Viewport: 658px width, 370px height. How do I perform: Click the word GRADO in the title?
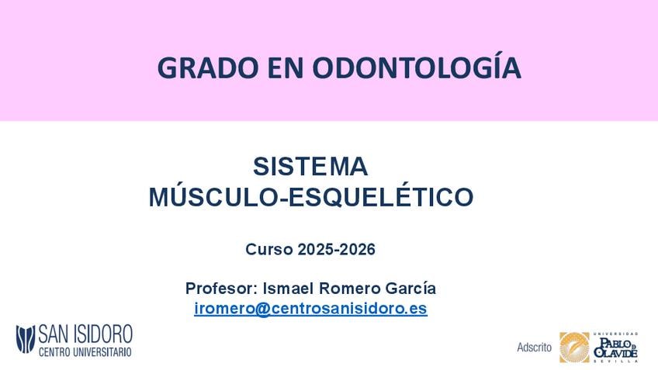[x=208, y=68]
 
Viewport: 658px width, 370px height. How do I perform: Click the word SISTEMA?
[x=310, y=167]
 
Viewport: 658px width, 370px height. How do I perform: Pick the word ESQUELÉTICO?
[x=379, y=196]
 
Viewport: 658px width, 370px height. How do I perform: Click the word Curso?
[x=269, y=250]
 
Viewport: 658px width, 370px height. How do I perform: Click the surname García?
[x=410, y=289]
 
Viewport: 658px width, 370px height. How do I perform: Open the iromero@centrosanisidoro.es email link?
[x=310, y=309]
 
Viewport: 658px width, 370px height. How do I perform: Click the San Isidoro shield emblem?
[x=26, y=339]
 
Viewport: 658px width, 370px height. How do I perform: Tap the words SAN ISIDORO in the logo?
[x=85, y=334]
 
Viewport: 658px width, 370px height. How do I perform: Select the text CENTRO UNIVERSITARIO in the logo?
[x=85, y=352]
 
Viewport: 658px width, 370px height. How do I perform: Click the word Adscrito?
[x=534, y=348]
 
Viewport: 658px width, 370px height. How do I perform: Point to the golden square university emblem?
[x=574, y=348]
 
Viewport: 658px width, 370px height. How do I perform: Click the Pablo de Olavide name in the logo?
[x=615, y=348]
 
